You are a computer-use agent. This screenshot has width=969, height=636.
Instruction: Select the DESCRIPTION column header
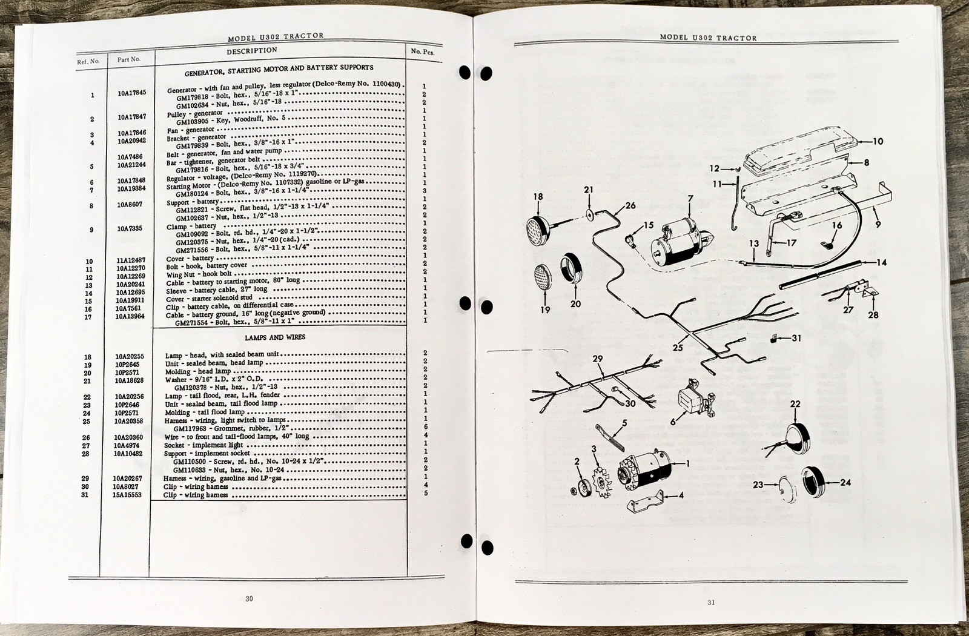click(252, 51)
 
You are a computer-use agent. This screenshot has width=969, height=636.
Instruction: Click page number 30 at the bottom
click(249, 598)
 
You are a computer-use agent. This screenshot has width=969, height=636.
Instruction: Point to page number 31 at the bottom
click(711, 602)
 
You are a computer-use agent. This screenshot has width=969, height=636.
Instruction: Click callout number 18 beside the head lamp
click(538, 197)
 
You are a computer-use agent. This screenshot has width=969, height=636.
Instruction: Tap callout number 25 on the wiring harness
click(678, 348)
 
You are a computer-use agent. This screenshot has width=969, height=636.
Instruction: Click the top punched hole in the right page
click(465, 72)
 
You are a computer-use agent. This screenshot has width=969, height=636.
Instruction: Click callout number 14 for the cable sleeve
click(882, 263)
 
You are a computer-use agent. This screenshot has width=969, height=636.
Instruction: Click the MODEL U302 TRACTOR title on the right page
click(708, 38)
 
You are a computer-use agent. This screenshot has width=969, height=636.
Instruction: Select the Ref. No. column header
click(88, 61)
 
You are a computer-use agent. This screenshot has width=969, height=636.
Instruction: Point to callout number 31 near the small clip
click(796, 338)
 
